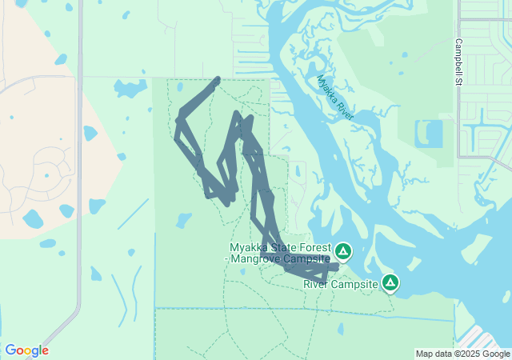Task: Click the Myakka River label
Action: (335, 98)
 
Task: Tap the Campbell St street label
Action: (458, 61)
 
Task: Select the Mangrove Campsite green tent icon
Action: (343, 253)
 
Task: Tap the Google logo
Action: (26, 350)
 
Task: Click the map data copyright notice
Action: (462, 354)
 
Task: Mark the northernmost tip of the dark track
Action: (218, 78)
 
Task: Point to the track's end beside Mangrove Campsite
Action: (337, 266)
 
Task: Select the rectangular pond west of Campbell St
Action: (429, 133)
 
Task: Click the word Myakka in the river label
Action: (326, 87)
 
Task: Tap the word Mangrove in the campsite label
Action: (254, 259)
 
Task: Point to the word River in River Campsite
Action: (316, 284)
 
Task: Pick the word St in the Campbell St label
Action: (458, 80)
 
